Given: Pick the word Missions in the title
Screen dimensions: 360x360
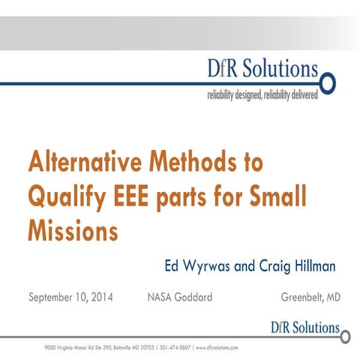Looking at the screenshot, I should pos(73,229).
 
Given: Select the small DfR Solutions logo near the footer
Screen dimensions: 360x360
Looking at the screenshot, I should pos(304,328).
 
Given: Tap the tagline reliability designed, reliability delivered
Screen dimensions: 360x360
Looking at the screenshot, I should pos(262,95).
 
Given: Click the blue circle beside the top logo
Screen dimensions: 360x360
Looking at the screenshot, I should pos(327,81).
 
